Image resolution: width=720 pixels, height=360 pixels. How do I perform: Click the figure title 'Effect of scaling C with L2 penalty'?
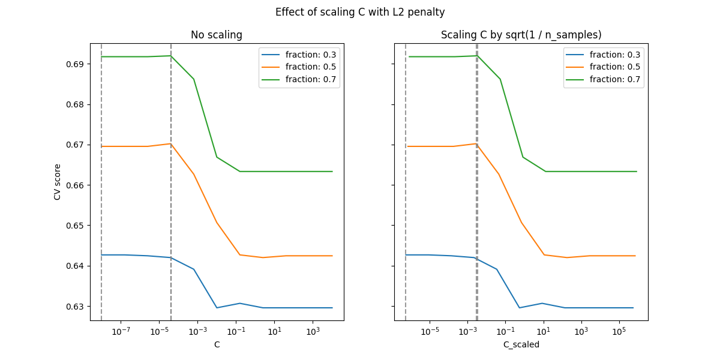click(x=360, y=12)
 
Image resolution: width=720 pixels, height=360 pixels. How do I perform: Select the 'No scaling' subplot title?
click(x=216, y=35)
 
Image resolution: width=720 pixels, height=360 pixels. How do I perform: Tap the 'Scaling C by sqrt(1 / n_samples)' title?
click(x=521, y=35)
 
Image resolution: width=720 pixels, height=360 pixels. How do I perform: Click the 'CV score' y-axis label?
click(x=58, y=182)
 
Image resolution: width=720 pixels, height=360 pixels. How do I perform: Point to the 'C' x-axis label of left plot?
click(x=217, y=344)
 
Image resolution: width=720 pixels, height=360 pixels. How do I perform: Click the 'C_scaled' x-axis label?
click(x=521, y=344)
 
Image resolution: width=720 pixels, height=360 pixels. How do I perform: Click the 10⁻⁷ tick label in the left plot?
click(x=121, y=332)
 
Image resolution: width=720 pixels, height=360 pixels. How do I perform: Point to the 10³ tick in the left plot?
click(x=313, y=332)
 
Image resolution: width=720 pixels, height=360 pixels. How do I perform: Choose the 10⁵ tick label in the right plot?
click(x=619, y=332)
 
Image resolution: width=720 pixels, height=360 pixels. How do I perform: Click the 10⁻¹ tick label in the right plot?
click(x=505, y=332)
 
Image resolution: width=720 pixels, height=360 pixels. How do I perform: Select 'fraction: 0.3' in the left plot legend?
click(x=310, y=55)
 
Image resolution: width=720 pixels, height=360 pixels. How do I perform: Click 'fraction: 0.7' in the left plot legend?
click(x=310, y=79)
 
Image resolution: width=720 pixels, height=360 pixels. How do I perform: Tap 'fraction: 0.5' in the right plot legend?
click(x=614, y=67)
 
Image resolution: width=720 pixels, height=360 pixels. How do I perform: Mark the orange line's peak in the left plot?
click(x=171, y=143)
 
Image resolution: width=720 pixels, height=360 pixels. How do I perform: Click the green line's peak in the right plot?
click(x=476, y=56)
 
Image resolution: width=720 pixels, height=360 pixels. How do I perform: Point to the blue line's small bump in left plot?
click(x=239, y=303)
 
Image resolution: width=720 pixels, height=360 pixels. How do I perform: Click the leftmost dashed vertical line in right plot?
click(x=406, y=180)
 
